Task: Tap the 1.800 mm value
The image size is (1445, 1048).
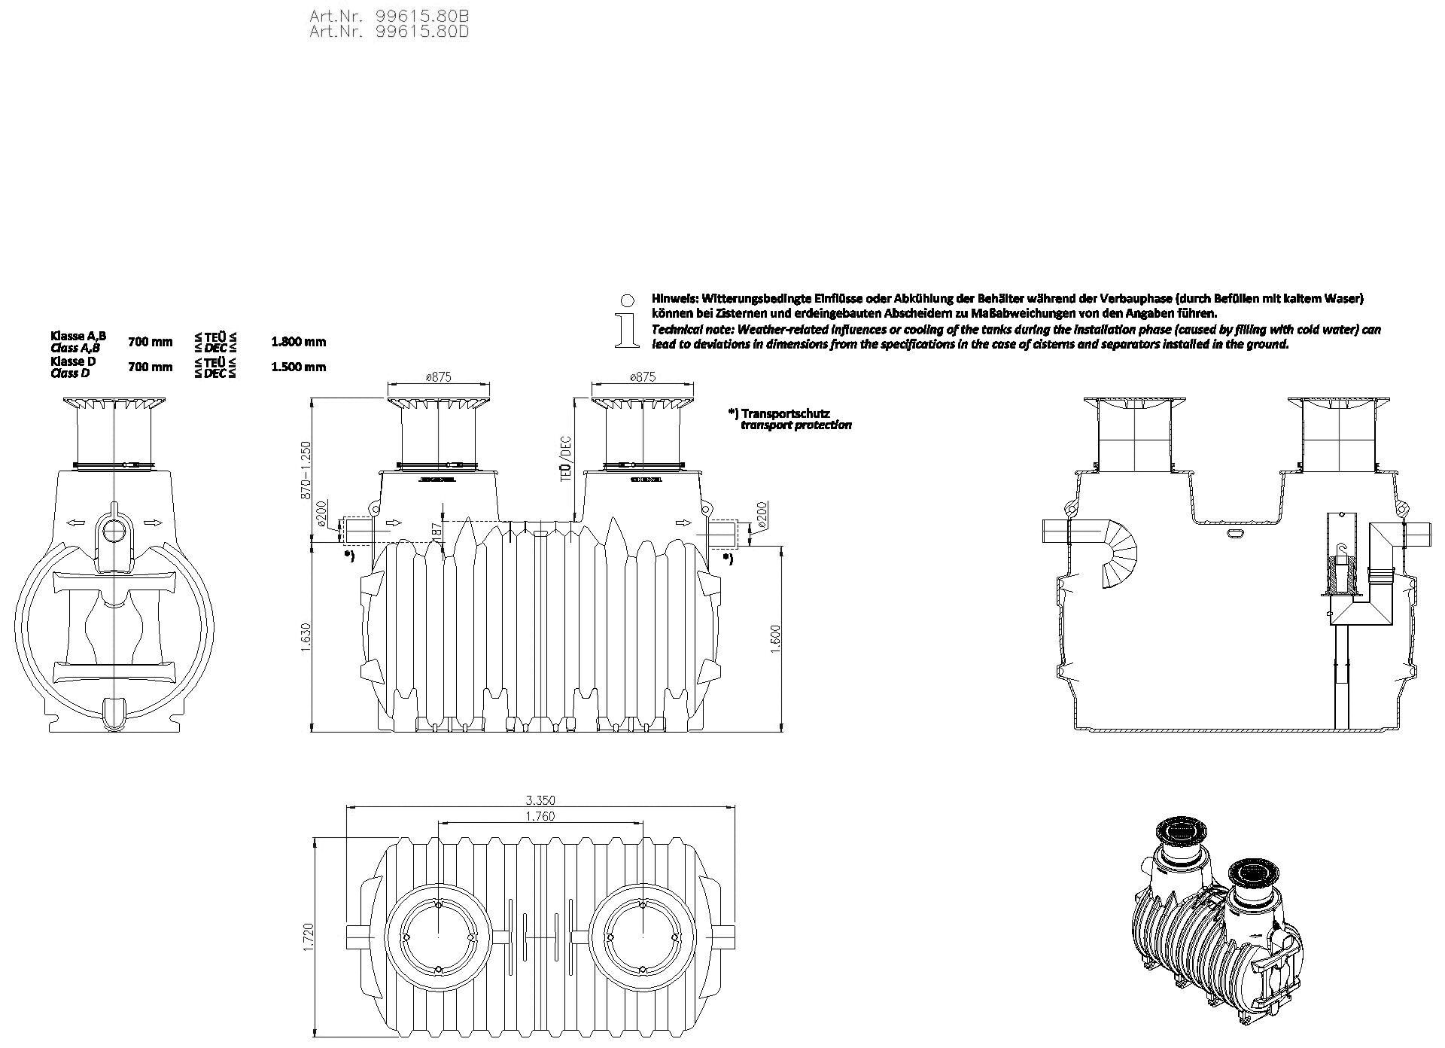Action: point(299,342)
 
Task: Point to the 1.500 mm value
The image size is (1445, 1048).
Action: point(299,367)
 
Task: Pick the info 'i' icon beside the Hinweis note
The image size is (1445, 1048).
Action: point(624,321)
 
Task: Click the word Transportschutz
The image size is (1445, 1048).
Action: point(785,413)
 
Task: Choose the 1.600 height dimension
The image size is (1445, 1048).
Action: point(777,638)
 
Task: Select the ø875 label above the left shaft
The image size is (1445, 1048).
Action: point(438,377)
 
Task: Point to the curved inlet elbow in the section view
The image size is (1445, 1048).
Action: point(1117,553)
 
